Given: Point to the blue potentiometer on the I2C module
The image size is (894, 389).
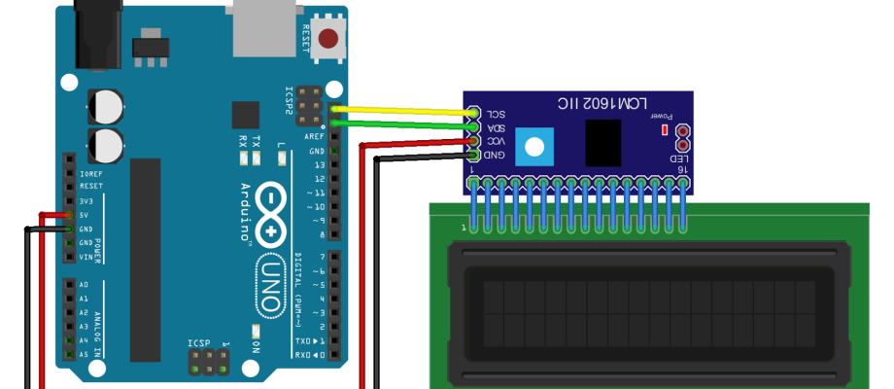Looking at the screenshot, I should pyautogui.click(x=533, y=149).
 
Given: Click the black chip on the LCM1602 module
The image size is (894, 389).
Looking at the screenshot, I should pyautogui.click(x=602, y=143).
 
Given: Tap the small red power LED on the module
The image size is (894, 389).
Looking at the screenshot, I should pyautogui.click(x=665, y=129).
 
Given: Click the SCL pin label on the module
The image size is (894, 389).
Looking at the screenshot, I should pyautogui.click(x=496, y=113).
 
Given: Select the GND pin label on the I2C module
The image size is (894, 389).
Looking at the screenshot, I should pyautogui.click(x=496, y=156).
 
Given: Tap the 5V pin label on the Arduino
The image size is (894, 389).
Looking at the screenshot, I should pyautogui.click(x=86, y=215).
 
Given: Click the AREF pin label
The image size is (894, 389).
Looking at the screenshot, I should pyautogui.click(x=317, y=138).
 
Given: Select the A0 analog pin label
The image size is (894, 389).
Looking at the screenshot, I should pyautogui.click(x=84, y=284).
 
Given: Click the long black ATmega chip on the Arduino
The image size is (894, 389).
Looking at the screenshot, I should pyautogui.click(x=146, y=258).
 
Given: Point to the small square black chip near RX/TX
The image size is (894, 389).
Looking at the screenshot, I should pyautogui.click(x=246, y=115).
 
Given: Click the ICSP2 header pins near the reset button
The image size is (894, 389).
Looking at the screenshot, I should pyautogui.click(x=310, y=105).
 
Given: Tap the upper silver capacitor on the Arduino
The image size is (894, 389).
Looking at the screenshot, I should pyautogui.click(x=106, y=105).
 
